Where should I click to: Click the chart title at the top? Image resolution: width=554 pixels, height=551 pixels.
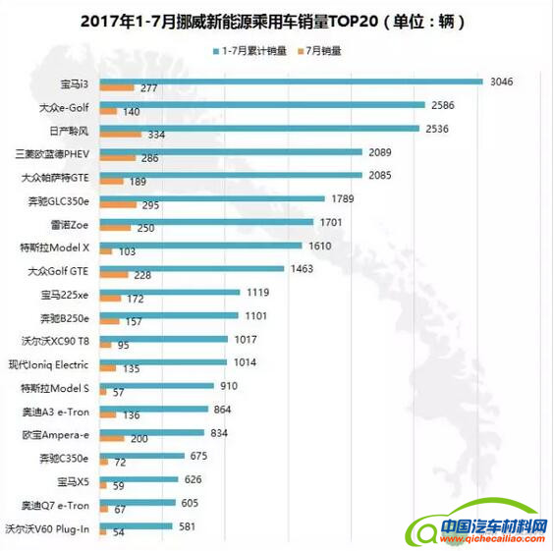pyautogui.click(x=276, y=20)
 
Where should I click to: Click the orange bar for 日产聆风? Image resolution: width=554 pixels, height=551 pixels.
pyautogui.click(x=120, y=135)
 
